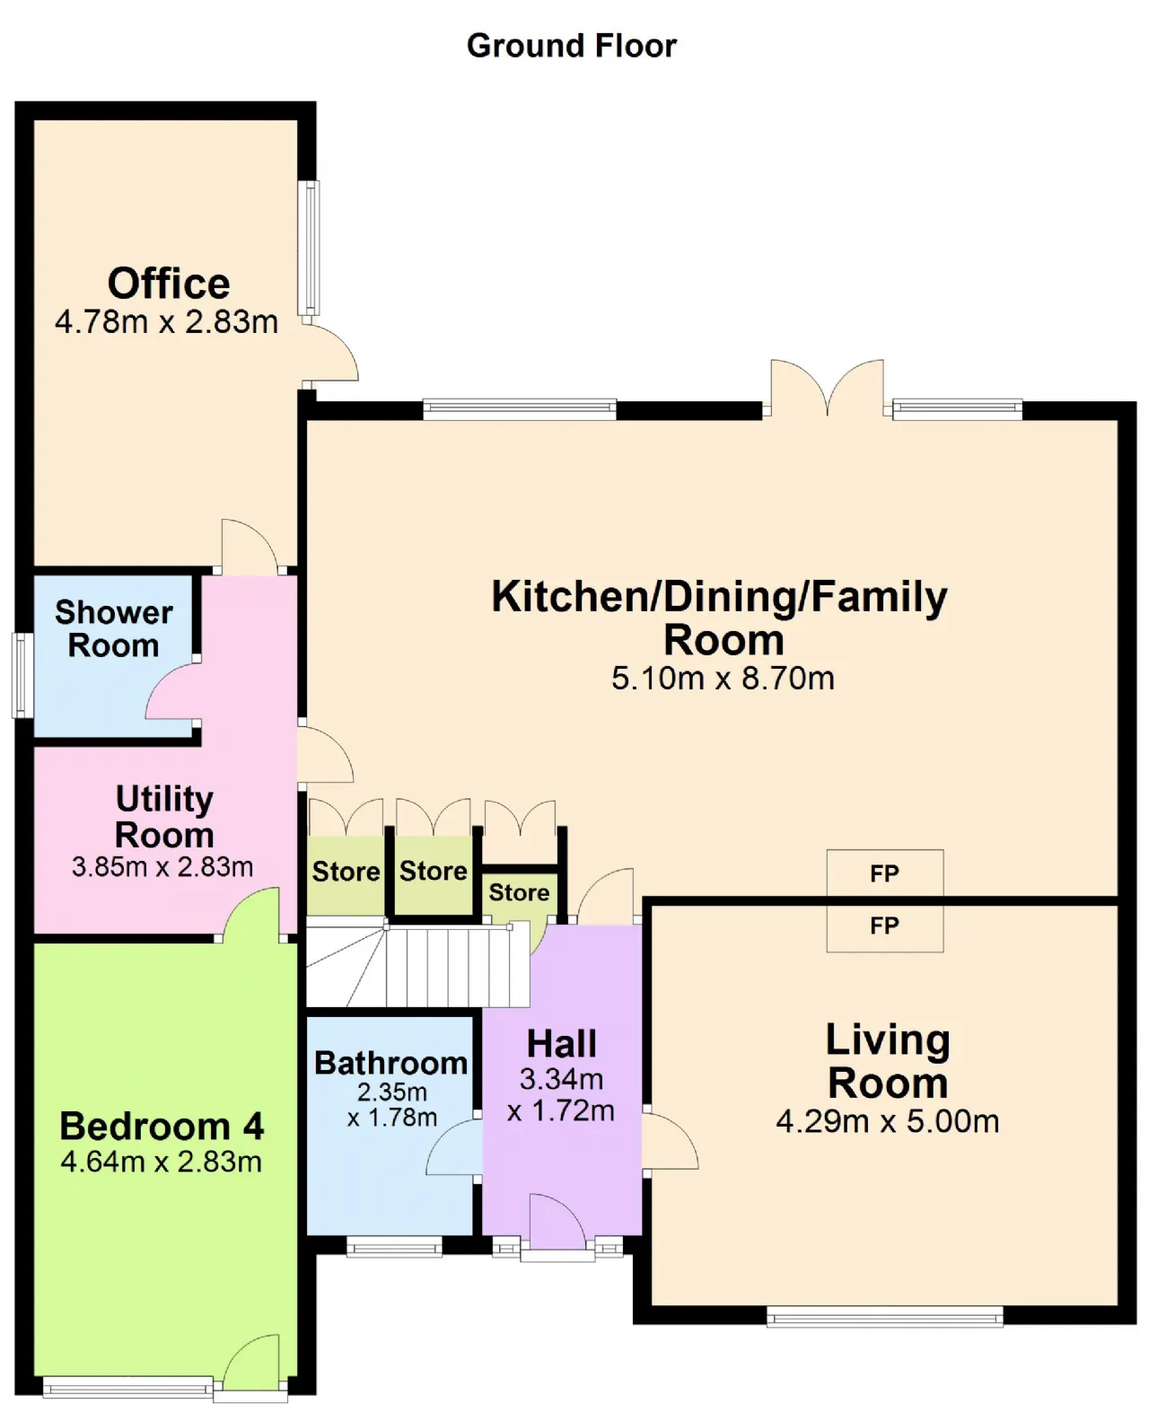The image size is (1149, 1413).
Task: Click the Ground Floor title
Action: tap(571, 47)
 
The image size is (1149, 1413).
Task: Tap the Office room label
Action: tap(169, 284)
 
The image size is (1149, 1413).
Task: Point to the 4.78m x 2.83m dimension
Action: tap(166, 322)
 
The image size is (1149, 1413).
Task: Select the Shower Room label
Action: tap(113, 629)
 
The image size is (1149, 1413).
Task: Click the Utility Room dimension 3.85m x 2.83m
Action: tap(162, 867)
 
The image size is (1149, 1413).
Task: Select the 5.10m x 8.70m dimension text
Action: tap(723, 679)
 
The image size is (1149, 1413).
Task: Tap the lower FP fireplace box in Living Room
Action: tap(884, 927)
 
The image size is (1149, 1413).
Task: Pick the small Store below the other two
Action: tap(519, 893)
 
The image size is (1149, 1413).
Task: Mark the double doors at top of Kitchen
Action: tap(828, 388)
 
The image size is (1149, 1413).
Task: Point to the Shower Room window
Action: tap(22, 675)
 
